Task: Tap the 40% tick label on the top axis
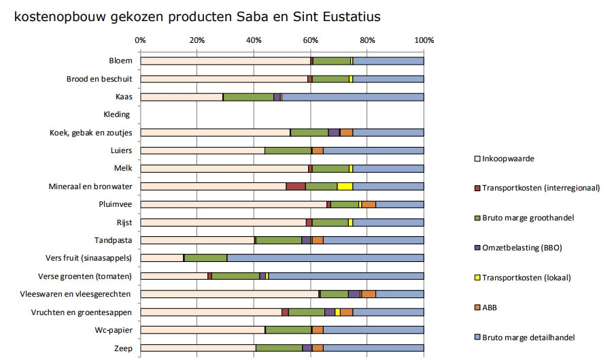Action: pos(254,40)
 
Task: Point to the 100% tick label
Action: pos(424,40)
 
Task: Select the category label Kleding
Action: pos(116,114)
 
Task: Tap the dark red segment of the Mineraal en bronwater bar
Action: pos(295,186)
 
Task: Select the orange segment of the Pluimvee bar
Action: pos(369,204)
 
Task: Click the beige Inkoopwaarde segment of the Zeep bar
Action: pos(198,348)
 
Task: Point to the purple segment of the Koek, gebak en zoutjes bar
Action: pos(334,133)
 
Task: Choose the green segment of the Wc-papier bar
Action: pos(288,330)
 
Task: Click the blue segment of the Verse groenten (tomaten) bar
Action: pos(346,276)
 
